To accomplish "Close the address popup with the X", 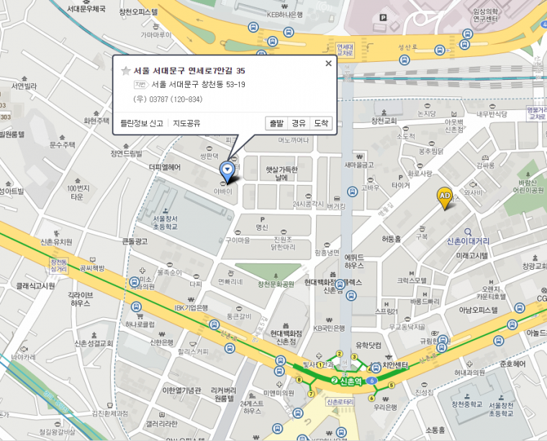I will click(x=328, y=63).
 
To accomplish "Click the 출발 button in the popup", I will click(x=276, y=123).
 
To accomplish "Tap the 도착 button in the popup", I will click(x=321, y=123).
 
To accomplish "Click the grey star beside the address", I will click(x=126, y=71).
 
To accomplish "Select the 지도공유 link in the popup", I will click(x=185, y=123).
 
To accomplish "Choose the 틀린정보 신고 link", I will click(x=142, y=123).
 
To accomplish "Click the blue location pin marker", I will click(x=227, y=171).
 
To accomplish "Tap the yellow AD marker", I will click(x=445, y=196).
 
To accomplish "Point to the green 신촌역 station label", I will click(x=348, y=379).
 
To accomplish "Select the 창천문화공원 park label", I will click(x=276, y=283).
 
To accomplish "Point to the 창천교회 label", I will click(x=389, y=120).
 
